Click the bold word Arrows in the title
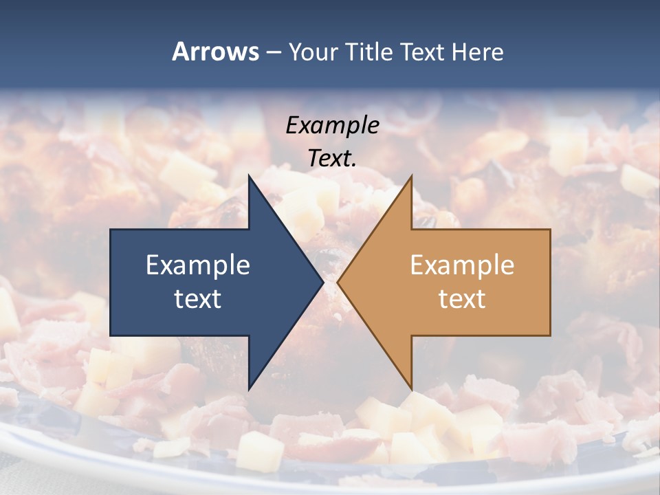[x=215, y=52]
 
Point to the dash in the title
[x=273, y=52]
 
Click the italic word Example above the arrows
[x=332, y=125]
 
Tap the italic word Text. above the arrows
[x=332, y=159]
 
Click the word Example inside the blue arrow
[x=198, y=265]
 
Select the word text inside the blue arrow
[x=198, y=298]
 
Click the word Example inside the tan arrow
[x=462, y=265]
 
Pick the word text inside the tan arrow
[x=462, y=298]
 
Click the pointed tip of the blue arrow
[x=323, y=283]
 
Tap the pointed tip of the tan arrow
[x=338, y=283]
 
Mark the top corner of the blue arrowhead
[x=249, y=175]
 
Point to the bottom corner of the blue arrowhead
[x=249, y=390]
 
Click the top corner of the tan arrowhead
[x=411, y=175]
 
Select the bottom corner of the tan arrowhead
[x=411, y=390]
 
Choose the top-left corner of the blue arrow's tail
[x=111, y=230]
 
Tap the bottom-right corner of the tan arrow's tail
[x=550, y=335]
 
